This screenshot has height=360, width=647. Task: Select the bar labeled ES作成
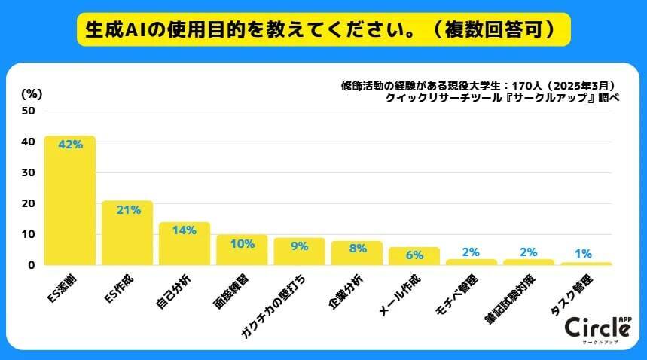[x=127, y=233]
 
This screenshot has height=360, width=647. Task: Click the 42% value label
[x=70, y=145]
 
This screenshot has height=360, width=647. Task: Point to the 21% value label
[x=128, y=209]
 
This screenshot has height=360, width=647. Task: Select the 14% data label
[x=185, y=230]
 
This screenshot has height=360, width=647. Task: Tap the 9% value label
[x=299, y=246]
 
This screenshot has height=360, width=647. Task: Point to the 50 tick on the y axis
[x=29, y=111]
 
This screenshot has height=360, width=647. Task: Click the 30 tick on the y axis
[x=29, y=172]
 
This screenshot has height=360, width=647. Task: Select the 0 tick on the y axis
[x=32, y=265]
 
